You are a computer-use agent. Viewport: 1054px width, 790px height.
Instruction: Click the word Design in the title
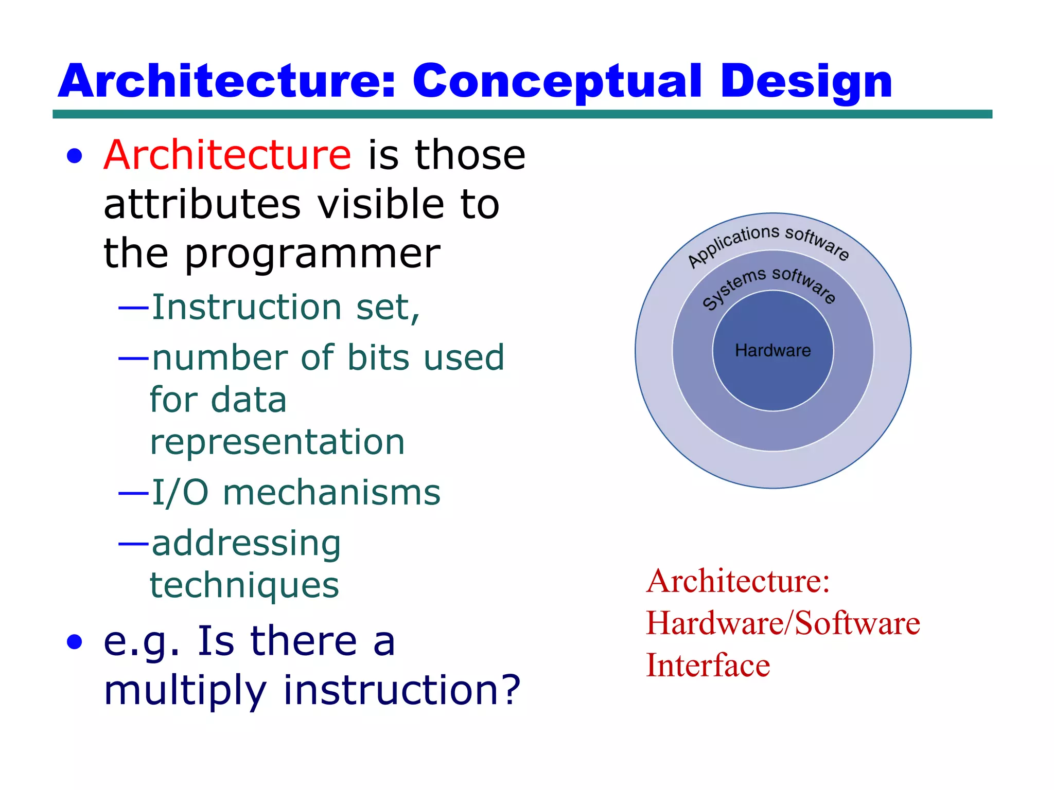click(806, 81)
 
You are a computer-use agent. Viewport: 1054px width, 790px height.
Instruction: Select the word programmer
click(312, 254)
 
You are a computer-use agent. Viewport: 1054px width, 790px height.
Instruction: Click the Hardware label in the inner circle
click(772, 350)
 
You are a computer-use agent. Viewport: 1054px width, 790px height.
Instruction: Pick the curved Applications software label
click(768, 242)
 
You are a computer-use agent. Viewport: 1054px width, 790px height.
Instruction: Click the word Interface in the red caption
click(708, 665)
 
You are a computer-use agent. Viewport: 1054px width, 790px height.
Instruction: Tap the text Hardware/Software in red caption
click(783, 623)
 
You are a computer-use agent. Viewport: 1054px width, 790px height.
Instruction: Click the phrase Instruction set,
click(286, 307)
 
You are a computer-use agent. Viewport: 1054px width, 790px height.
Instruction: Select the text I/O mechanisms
click(296, 492)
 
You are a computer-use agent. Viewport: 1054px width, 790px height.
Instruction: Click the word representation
click(277, 442)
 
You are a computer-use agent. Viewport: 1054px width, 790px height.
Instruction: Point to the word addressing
click(246, 543)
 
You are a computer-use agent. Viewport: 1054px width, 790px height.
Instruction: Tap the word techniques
click(244, 585)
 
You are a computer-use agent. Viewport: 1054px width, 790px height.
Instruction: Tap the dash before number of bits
click(133, 357)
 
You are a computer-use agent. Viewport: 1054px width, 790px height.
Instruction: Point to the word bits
click(380, 357)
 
